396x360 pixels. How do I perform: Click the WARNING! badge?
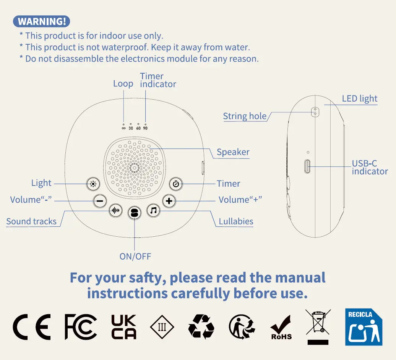pyautogui.click(x=41, y=21)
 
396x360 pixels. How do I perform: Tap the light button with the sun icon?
pyautogui.click(x=93, y=184)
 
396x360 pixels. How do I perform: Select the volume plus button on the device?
pyautogui.click(x=169, y=201)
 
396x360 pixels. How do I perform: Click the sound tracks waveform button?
pyautogui.click(x=116, y=210)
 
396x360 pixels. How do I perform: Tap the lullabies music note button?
pyautogui.click(x=154, y=210)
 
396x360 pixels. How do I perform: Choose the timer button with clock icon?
pyautogui.click(x=176, y=184)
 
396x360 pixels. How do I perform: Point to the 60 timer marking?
pyautogui.click(x=138, y=128)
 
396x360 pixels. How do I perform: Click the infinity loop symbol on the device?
pyautogui.click(x=123, y=128)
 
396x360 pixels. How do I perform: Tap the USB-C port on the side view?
pyautogui.click(x=307, y=166)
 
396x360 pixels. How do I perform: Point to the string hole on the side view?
pyautogui.click(x=315, y=112)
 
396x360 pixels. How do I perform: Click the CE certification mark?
pyautogui.click(x=32, y=327)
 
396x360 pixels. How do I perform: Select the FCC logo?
pyautogui.click(x=81, y=327)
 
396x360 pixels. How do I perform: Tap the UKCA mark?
pyautogui.click(x=124, y=327)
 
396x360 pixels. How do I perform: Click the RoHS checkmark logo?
pyautogui.click(x=281, y=328)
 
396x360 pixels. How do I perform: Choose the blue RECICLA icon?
pyautogui.click(x=364, y=327)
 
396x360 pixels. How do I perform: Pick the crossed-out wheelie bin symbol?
pyautogui.click(x=318, y=327)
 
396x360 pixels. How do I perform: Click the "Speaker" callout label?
pyautogui.click(x=233, y=152)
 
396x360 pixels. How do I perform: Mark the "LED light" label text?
pyautogui.click(x=360, y=98)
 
